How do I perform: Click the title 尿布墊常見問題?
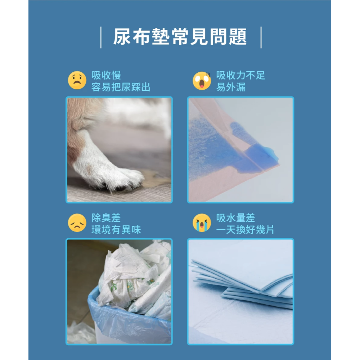[180, 37]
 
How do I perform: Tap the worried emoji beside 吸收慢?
[77, 80]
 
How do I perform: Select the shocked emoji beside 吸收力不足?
[202, 80]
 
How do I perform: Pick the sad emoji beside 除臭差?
[77, 223]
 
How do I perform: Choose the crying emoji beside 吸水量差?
[202, 223]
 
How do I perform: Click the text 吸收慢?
[106, 75]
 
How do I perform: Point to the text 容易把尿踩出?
[121, 87]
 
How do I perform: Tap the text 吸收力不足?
[240, 75]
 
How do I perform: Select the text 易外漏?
[231, 87]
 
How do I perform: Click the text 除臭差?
[106, 218]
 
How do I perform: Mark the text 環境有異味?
[116, 230]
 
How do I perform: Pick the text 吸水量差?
[235, 218]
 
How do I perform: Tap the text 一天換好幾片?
[245, 230]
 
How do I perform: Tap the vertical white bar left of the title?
[101, 37]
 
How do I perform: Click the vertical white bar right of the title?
[260, 37]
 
